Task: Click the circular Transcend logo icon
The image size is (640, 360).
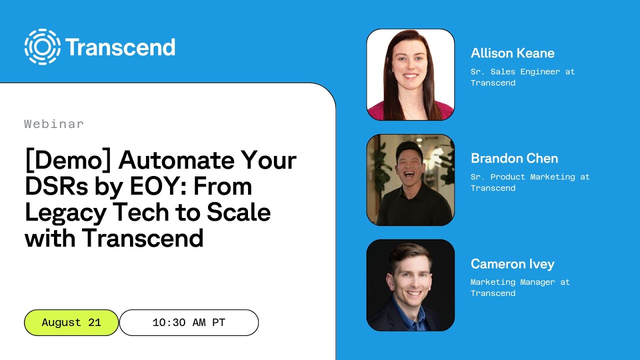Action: click(42, 47)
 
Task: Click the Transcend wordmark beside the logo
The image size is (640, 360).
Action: click(120, 47)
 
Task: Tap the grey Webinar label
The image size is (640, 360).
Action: click(54, 124)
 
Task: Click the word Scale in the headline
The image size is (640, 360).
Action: click(238, 212)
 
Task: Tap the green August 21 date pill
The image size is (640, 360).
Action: click(71, 322)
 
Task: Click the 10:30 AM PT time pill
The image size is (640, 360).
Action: click(189, 322)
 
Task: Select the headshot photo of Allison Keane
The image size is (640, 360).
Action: click(410, 74)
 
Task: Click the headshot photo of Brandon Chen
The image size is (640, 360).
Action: click(410, 180)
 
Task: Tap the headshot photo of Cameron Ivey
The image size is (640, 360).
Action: click(410, 285)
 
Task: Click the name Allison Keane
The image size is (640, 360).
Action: click(512, 53)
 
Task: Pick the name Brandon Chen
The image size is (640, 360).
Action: click(514, 158)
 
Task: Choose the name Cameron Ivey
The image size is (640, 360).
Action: click(512, 264)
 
